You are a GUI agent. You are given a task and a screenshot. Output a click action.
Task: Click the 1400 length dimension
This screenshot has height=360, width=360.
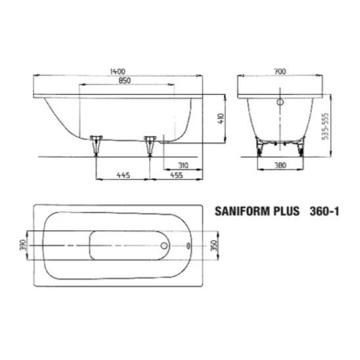tap(118, 72)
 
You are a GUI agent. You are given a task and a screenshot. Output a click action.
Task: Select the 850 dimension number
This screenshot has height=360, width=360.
tap(124, 81)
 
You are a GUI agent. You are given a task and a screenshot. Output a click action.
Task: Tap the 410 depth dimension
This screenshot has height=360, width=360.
tap(221, 119)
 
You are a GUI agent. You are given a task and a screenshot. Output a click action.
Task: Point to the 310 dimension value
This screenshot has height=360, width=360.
tap(183, 166)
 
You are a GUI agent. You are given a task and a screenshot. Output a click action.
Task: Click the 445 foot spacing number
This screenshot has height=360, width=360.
tap(124, 175)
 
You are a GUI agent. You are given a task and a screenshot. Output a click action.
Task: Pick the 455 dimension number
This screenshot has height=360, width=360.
tap(176, 175)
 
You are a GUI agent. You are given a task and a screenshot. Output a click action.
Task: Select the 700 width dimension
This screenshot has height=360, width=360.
tap(280, 72)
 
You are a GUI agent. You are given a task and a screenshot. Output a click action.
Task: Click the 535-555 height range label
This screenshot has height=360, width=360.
tap(326, 126)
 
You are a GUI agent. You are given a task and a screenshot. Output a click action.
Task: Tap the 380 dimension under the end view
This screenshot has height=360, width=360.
tap(281, 166)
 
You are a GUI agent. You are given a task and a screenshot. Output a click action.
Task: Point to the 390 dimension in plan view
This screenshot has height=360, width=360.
tap(23, 245)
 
